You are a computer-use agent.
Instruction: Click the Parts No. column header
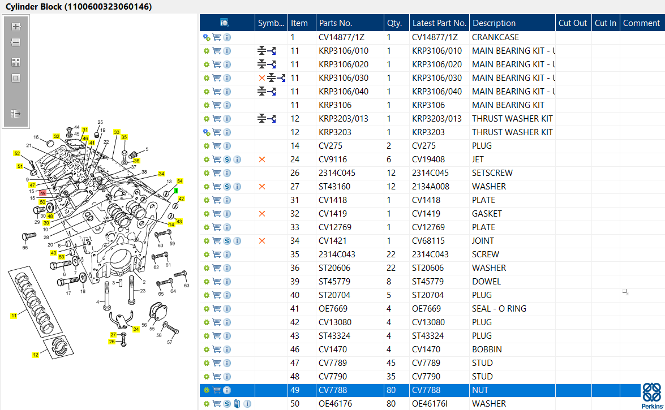click(336, 23)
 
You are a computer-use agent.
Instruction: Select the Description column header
click(494, 23)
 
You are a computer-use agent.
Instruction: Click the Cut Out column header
click(573, 23)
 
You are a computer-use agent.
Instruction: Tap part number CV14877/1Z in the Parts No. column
click(341, 37)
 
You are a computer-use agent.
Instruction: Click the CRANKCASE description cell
click(495, 37)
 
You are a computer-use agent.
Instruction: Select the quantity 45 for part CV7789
click(391, 363)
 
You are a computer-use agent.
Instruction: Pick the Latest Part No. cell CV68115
click(428, 241)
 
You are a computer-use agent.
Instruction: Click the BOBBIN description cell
click(487, 349)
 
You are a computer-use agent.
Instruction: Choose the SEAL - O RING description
click(499, 309)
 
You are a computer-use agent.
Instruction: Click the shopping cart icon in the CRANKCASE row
click(217, 37)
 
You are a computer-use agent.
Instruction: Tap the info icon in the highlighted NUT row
click(227, 390)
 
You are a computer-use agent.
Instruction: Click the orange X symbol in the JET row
click(262, 159)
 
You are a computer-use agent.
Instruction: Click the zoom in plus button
click(16, 26)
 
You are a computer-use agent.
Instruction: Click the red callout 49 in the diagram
click(43, 193)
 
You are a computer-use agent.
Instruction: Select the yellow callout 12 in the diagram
click(35, 355)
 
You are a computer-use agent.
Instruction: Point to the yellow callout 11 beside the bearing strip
click(14, 316)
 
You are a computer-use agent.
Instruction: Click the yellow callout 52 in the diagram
click(17, 153)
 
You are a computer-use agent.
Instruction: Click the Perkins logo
click(652, 396)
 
